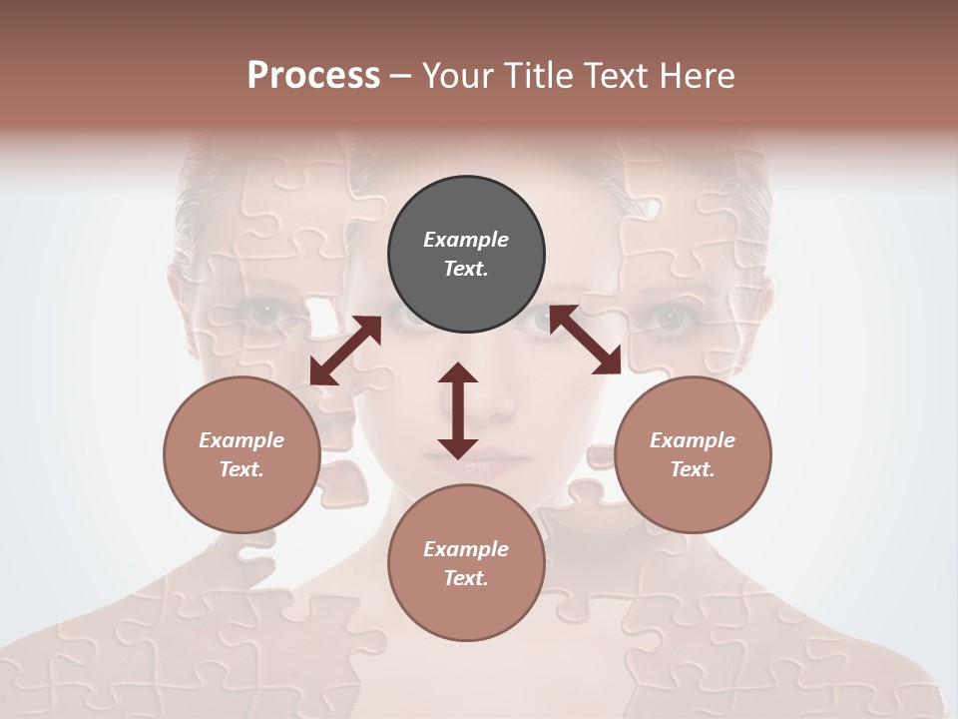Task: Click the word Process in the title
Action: click(313, 76)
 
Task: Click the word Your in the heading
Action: click(459, 76)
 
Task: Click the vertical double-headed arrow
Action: click(458, 410)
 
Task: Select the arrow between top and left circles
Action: click(345, 351)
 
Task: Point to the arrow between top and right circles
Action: click(586, 340)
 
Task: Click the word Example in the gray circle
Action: click(466, 240)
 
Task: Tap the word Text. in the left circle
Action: click(241, 469)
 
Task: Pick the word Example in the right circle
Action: click(693, 440)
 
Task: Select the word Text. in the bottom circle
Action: click(466, 578)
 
